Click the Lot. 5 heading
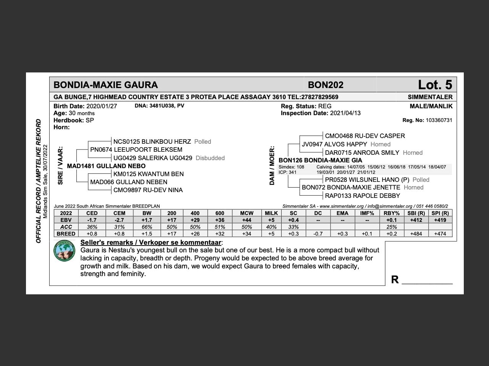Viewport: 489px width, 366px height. pos(435,85)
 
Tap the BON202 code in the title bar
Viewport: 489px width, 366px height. pos(325,85)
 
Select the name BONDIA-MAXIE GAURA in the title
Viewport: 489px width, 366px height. pos(105,85)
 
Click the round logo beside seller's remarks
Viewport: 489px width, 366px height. pos(64,251)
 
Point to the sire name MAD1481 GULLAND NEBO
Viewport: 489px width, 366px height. pos(106,166)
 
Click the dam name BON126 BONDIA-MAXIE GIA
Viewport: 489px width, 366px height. pos(320,160)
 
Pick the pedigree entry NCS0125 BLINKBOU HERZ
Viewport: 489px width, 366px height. pos(152,141)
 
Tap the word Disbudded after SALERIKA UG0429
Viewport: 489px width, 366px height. pos(210,158)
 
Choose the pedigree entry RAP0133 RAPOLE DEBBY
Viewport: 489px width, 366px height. pos(362,196)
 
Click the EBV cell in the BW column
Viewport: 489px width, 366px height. pos(147,220)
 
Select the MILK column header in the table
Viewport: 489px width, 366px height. pos(271,213)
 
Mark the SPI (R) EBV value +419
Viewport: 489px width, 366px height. pos(440,220)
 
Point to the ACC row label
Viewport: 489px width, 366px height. pos(66,227)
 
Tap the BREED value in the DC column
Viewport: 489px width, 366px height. pos(318,234)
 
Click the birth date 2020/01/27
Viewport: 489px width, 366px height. pos(102,106)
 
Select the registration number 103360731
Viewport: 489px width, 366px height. pos(439,120)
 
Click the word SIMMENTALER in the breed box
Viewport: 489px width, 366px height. pos(430,97)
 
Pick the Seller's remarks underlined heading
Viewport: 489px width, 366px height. pos(151,242)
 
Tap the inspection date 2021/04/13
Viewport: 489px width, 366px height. pos(345,113)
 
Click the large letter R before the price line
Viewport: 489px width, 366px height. pos(395,280)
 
